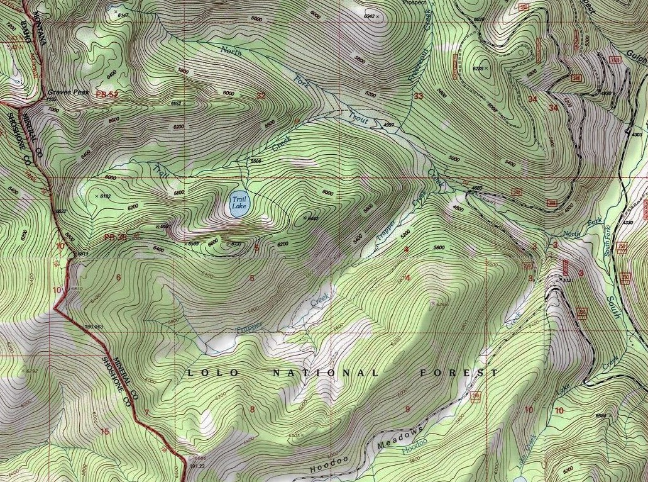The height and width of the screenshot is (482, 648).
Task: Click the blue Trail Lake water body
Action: coord(238,205)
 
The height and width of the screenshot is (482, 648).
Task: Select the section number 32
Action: coord(260,96)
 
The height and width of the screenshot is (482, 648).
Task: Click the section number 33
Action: coord(418,96)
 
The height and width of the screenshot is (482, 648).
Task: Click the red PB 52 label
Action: coord(107,94)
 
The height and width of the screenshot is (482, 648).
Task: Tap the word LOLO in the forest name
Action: coord(214,373)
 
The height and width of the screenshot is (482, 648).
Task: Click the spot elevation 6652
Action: coord(177,103)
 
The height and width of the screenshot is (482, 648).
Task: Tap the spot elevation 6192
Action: coord(104,197)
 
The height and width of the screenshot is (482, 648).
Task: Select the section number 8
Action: coord(253,410)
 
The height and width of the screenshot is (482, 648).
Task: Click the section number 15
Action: coord(105,432)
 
